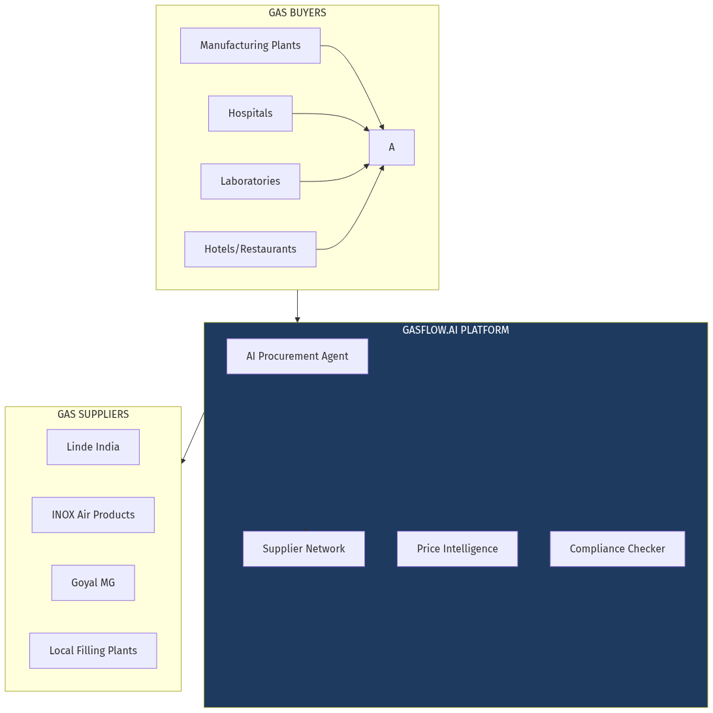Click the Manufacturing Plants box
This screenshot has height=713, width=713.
[250, 46]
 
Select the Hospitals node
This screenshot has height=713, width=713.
[250, 114]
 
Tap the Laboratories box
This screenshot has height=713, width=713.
[250, 182]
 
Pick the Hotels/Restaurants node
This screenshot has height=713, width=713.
[250, 249]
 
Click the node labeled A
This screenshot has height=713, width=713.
[392, 148]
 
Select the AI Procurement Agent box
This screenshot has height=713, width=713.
[297, 356]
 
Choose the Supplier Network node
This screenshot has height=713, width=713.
[304, 549]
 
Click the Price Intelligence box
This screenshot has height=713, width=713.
[457, 549]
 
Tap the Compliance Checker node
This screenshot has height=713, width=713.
[617, 549]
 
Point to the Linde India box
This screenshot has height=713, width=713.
[93, 447]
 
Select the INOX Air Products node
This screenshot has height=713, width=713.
[93, 515]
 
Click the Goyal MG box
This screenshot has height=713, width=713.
[93, 583]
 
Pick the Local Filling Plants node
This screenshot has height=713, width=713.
[93, 651]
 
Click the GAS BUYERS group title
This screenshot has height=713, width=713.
[297, 13]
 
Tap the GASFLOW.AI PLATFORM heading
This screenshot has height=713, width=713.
[456, 330]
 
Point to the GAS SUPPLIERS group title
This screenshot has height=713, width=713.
[93, 415]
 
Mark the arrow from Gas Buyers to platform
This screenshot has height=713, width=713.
[298, 306]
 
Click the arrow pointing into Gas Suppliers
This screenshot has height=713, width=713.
[193, 438]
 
